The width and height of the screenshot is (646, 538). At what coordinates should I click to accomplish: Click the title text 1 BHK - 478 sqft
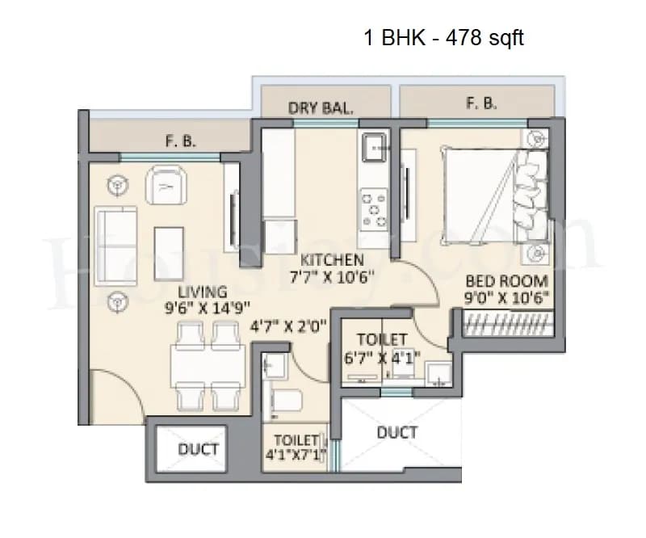[444, 38]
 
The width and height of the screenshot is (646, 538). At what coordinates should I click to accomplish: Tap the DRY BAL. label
[321, 108]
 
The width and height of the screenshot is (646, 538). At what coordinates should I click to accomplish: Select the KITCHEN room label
[332, 260]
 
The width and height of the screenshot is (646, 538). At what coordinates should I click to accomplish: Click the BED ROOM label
[506, 281]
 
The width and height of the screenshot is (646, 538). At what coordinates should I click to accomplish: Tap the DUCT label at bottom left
[198, 449]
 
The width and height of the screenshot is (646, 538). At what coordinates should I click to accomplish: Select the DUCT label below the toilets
[396, 432]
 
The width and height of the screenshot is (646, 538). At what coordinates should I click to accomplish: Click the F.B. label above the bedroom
[480, 103]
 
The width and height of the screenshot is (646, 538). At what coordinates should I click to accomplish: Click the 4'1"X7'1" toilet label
[296, 448]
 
